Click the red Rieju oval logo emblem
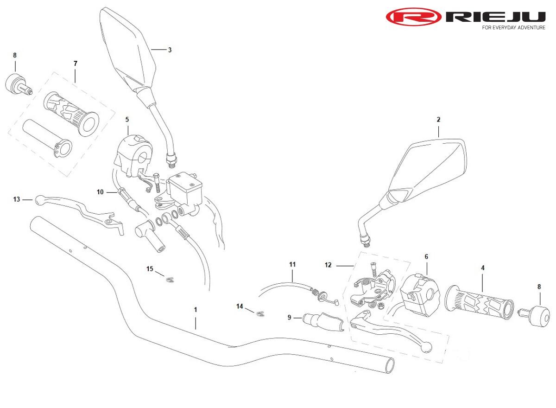(x=413, y=17)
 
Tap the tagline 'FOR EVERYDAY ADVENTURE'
(x=513, y=28)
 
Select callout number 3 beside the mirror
(x=170, y=50)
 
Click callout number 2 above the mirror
(x=438, y=120)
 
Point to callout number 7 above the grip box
(x=75, y=64)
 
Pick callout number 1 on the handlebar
(x=196, y=309)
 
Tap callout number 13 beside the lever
(x=17, y=199)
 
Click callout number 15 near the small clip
(x=150, y=269)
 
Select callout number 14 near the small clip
(x=240, y=306)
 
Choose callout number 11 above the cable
(x=292, y=264)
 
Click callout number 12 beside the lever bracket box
(x=328, y=265)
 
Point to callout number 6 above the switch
(x=426, y=256)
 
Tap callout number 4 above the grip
(x=483, y=268)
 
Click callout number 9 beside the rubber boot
(x=290, y=318)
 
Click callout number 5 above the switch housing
(x=127, y=119)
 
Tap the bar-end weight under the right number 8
(x=541, y=316)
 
